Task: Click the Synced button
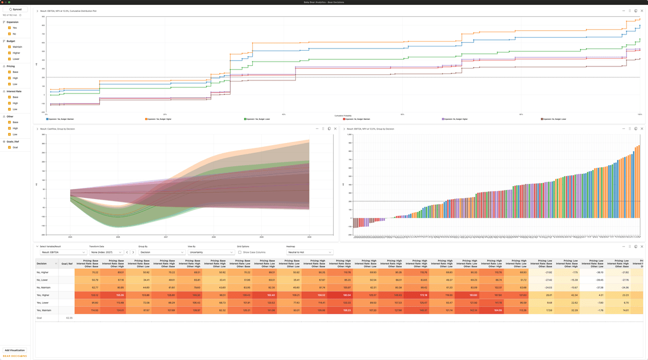pyautogui.click(x=15, y=9)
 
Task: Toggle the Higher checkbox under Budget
pyautogui.click(x=9, y=53)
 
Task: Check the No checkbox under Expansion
pyautogui.click(x=9, y=33)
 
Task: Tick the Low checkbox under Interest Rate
pyautogui.click(x=9, y=109)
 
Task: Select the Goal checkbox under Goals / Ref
pyautogui.click(x=9, y=147)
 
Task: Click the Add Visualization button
pyautogui.click(x=15, y=350)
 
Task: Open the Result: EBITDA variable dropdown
pyautogui.click(x=63, y=252)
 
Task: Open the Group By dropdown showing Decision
pyautogui.click(x=161, y=252)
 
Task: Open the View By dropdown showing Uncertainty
pyautogui.click(x=211, y=252)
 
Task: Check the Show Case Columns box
pyautogui.click(x=240, y=252)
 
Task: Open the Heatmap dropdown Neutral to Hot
pyautogui.click(x=309, y=252)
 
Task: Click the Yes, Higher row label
pyautogui.click(x=43, y=295)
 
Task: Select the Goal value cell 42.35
pyautogui.click(x=69, y=318)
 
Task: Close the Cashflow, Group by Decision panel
pyautogui.click(x=335, y=128)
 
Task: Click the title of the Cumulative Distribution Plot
pyautogui.click(x=69, y=11)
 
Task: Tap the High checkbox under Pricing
pyautogui.click(x=9, y=78)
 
